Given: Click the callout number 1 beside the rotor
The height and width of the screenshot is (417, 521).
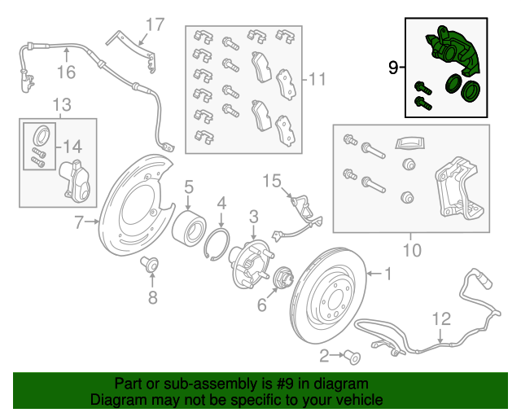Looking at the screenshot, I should click(388, 274).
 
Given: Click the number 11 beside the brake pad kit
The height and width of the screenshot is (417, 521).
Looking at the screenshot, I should click(317, 80).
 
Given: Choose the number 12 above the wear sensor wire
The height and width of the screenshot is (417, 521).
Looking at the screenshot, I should click(440, 318).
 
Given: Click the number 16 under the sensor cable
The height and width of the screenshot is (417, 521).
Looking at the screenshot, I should click(66, 73).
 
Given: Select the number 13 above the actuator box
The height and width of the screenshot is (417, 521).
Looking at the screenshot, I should click(61, 104).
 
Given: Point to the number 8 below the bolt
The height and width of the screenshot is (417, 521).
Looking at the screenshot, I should click(152, 297).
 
